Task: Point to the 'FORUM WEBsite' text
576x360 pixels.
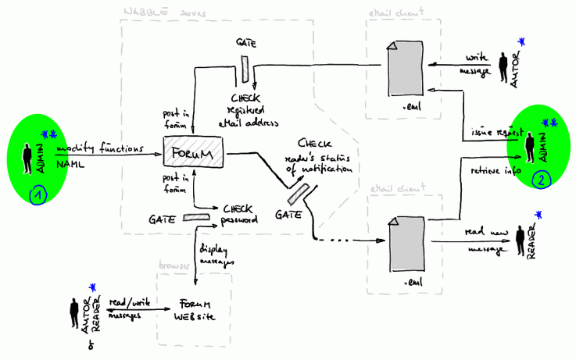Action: (192, 311)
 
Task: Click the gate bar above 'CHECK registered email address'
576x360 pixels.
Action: (245, 68)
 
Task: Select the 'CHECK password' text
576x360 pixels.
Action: (239, 214)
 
